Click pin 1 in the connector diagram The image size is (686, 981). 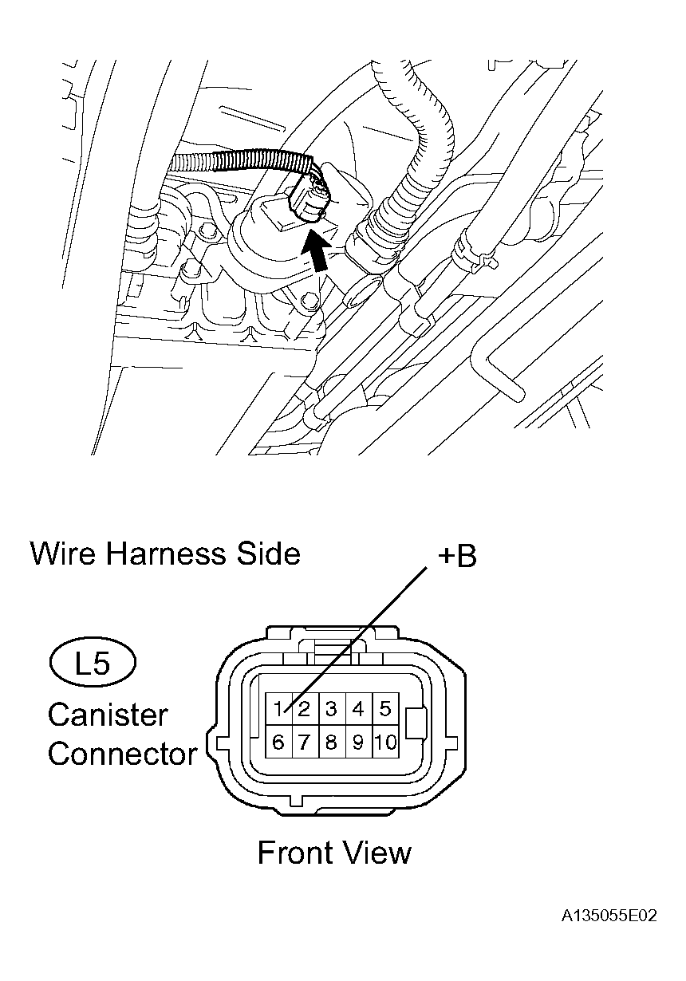coord(278,708)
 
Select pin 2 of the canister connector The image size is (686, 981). coord(304,708)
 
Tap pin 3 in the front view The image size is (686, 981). coord(331,708)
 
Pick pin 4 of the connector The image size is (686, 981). coord(358,708)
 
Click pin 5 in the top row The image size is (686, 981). coord(385,708)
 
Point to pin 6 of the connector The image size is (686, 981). coord(278,743)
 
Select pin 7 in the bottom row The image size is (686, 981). coord(304,743)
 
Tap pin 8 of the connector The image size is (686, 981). coord(331,743)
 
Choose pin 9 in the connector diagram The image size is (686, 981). coord(358,743)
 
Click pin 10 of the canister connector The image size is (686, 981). coord(385,743)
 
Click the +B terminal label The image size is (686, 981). coord(456,556)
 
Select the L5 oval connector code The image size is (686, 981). coord(93,663)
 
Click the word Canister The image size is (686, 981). coord(108,714)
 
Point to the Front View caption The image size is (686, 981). coord(334,853)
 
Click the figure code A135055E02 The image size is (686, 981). coord(608,916)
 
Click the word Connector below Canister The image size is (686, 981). coord(122,754)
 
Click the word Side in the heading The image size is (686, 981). coord(267,553)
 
